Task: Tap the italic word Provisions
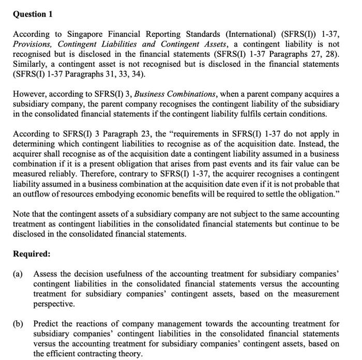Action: [33, 44]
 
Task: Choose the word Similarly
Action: [31, 64]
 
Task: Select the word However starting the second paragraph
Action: [31, 94]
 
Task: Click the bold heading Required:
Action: [32, 254]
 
